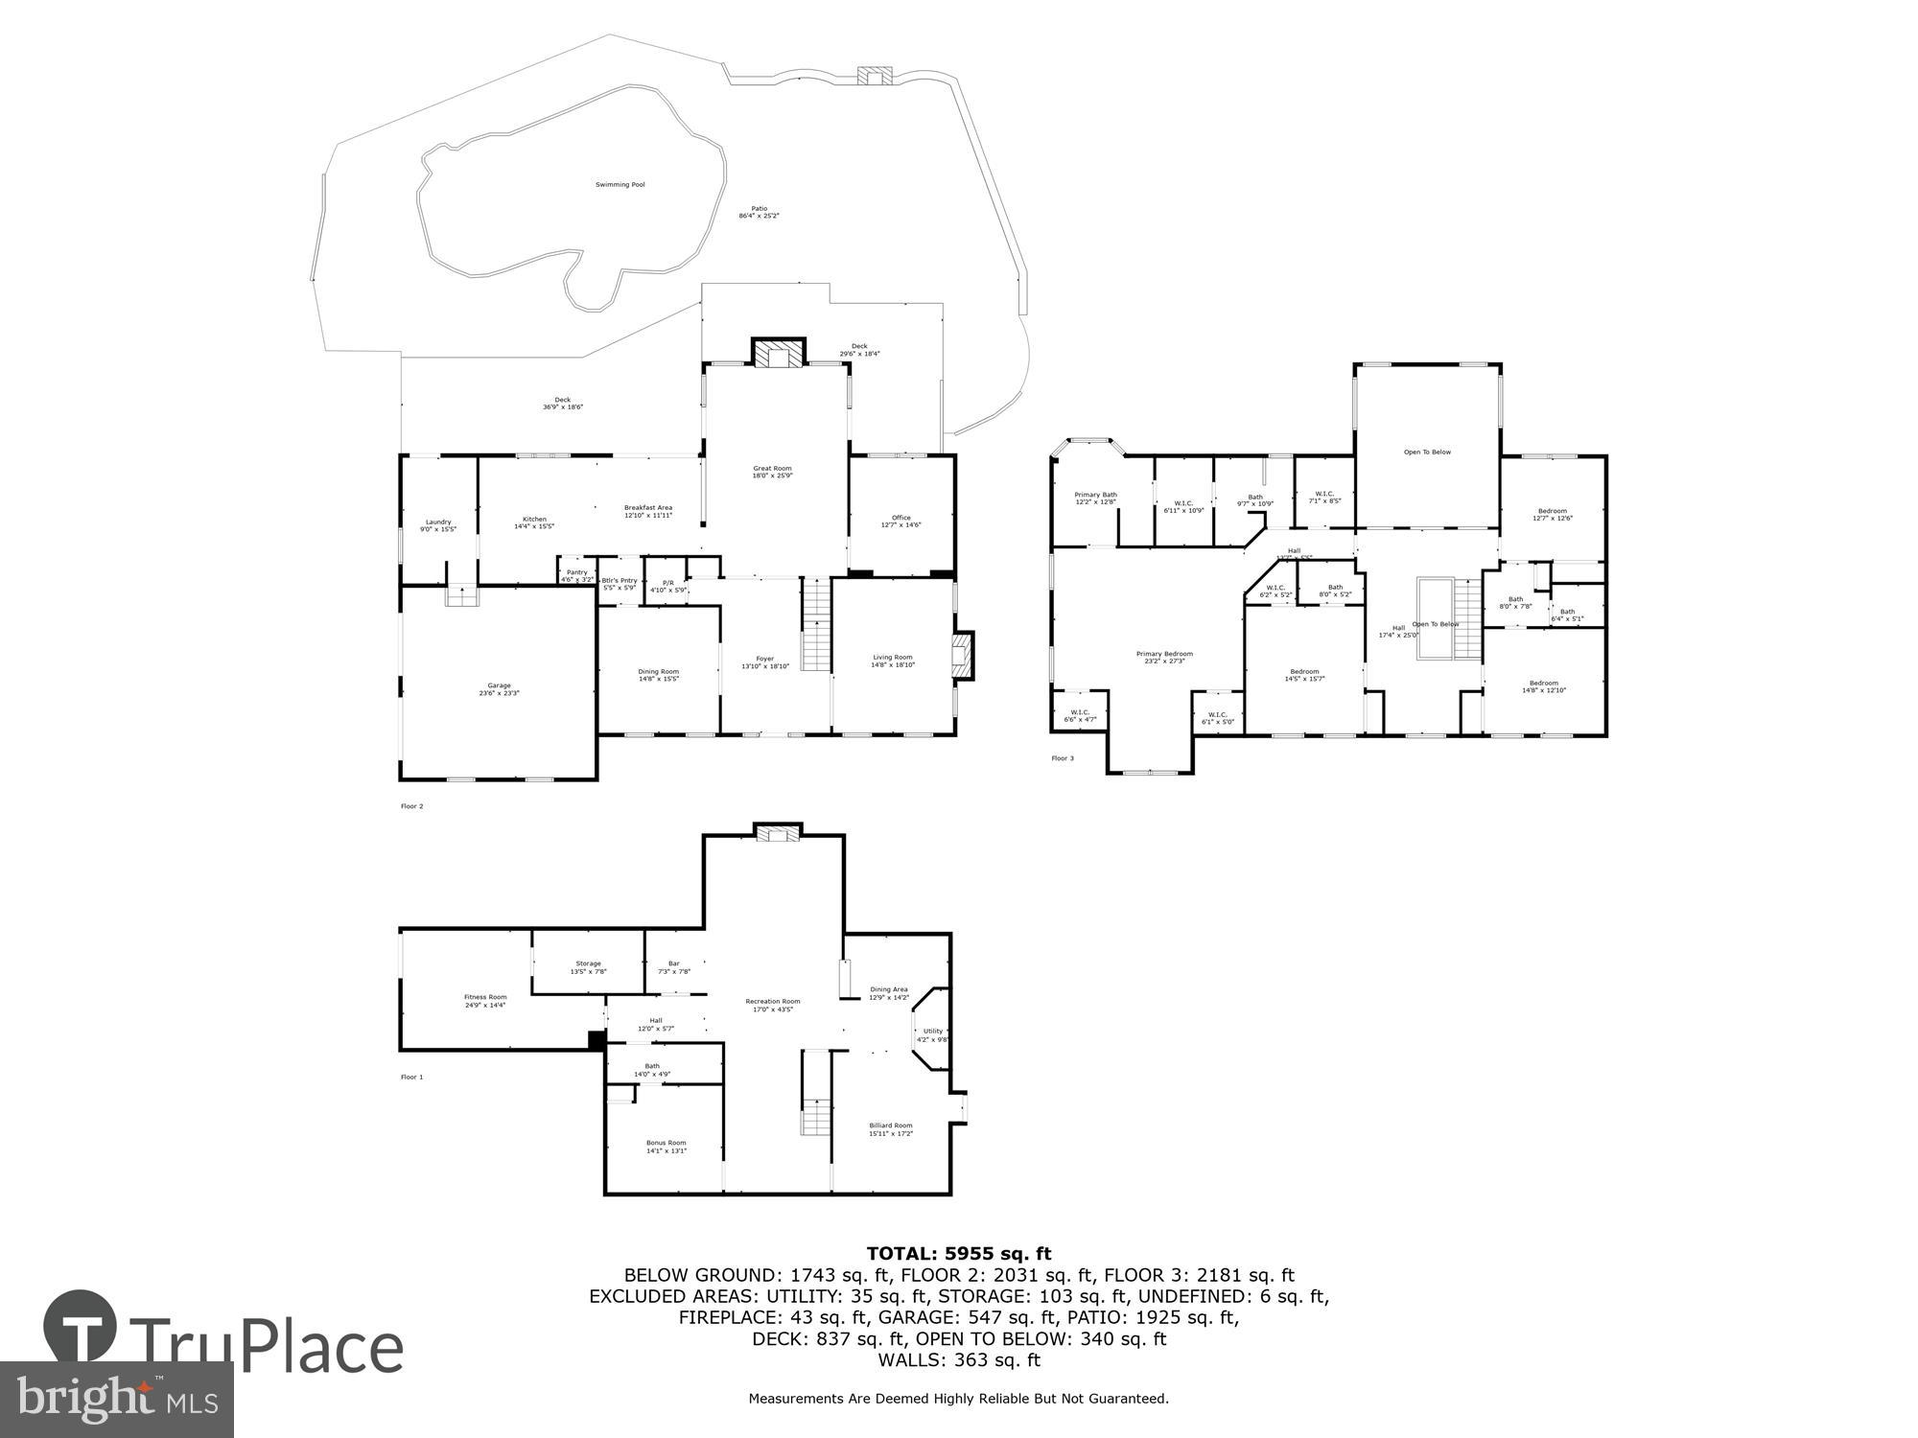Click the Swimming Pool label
620,184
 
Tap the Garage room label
499,689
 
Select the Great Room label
772,472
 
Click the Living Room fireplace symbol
961,656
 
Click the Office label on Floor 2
901,521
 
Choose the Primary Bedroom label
1164,657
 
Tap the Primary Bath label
1095,498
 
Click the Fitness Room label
485,1000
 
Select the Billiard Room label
891,1129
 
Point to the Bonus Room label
666,1146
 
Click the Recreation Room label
773,1005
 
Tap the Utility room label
932,1034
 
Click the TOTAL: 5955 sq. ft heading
959,1253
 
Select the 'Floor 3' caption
1063,758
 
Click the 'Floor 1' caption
411,1077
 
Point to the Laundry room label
438,525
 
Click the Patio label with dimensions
759,212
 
